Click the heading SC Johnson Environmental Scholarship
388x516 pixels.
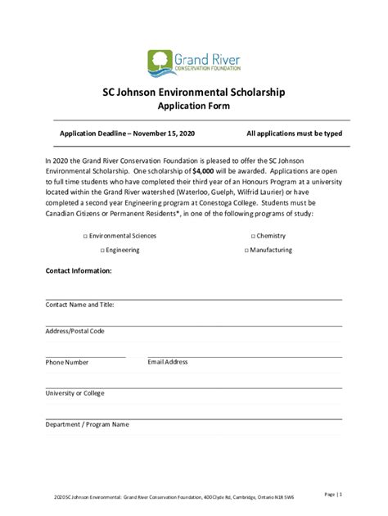point(194,93)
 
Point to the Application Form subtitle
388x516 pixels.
point(193,106)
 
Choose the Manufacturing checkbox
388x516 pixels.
point(246,249)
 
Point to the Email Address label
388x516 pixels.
point(168,361)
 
